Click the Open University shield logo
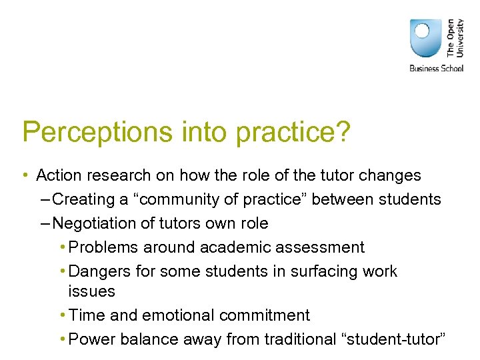coord(425,37)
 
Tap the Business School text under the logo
coord(436,69)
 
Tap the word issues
coord(91,291)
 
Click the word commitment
coord(269,315)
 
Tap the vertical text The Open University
coord(455,37)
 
